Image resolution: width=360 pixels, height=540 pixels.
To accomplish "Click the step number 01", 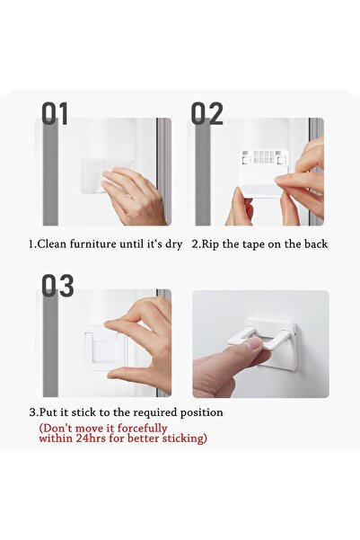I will [x=56, y=113].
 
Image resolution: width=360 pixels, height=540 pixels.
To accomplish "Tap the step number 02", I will [x=206, y=113].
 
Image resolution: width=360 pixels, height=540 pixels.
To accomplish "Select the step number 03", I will [x=57, y=286].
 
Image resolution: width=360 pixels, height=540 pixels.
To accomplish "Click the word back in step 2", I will [x=314, y=243].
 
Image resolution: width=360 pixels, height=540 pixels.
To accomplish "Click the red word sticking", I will [x=182, y=438].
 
